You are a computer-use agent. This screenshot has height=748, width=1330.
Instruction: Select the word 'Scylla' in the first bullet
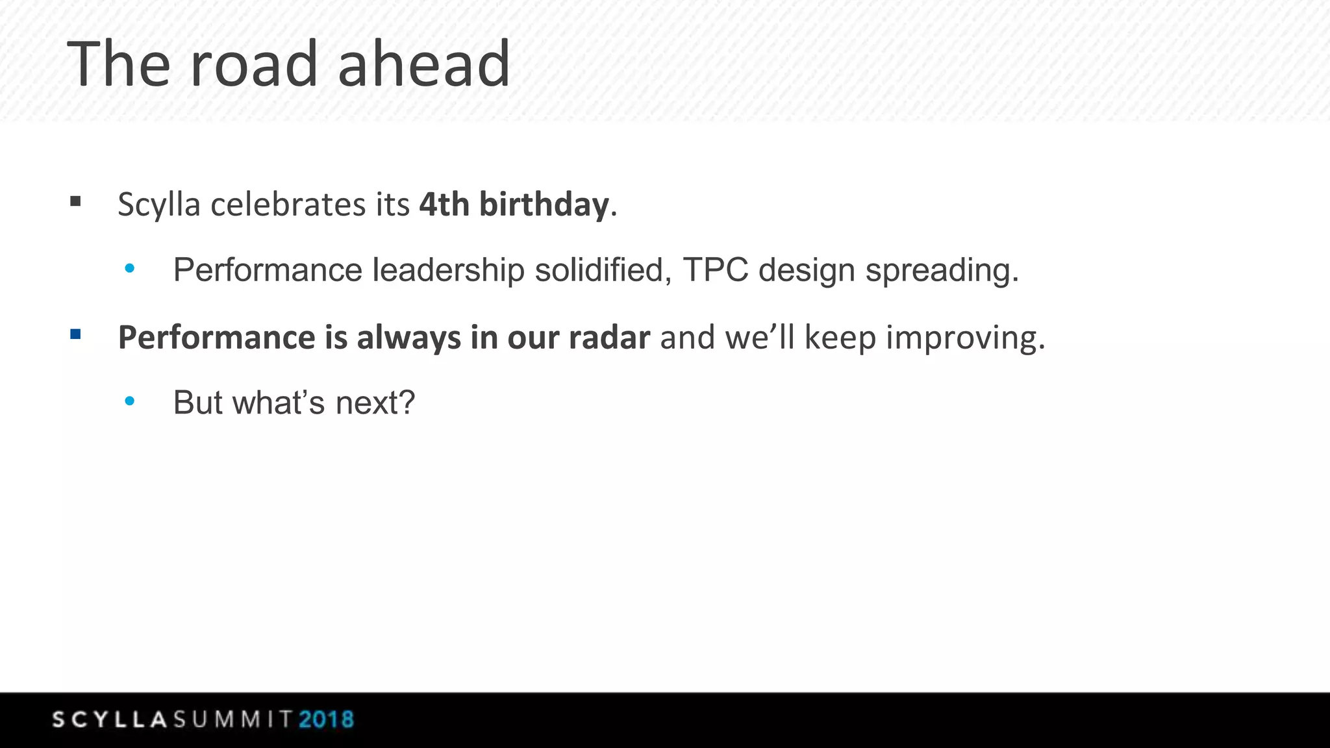(158, 205)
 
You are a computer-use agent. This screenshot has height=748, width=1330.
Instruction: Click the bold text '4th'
(444, 205)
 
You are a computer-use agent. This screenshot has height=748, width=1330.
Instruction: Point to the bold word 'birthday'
(544, 205)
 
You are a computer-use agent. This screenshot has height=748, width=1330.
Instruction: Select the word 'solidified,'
(603, 270)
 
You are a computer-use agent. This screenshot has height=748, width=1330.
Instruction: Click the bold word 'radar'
(609, 338)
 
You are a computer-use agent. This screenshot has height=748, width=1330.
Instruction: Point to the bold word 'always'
(408, 338)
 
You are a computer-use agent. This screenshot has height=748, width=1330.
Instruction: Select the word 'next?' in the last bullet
(375, 403)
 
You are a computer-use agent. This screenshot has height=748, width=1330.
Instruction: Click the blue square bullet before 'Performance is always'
(75, 335)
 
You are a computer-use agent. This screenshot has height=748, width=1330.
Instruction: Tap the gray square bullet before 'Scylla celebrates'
(75, 202)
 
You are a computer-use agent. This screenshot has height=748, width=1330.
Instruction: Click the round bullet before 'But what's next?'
(130, 401)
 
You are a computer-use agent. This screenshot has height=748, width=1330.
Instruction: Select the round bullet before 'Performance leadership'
(130, 268)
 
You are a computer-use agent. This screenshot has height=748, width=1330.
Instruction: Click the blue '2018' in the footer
(326, 720)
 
